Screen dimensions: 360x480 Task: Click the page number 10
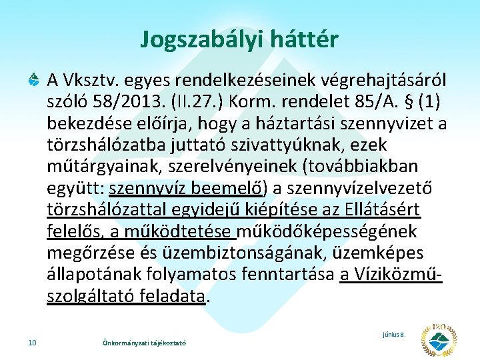32,343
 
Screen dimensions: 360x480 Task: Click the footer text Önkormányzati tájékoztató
141,343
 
